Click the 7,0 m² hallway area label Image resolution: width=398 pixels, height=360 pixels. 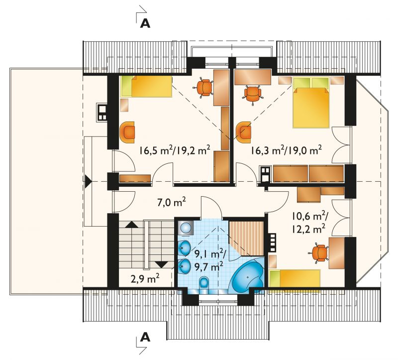pyautogui.click(x=172, y=203)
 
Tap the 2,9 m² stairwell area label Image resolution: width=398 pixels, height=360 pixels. pyautogui.click(x=145, y=279)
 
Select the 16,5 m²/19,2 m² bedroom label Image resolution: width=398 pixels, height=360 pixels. pyautogui.click(x=175, y=150)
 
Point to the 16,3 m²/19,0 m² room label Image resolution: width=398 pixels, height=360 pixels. pyautogui.click(x=287, y=150)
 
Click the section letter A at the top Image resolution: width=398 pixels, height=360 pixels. pyautogui.click(x=145, y=23)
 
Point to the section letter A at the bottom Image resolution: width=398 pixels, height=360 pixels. pyautogui.click(x=145, y=338)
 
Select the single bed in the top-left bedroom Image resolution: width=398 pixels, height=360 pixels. pyautogui.click(x=146, y=86)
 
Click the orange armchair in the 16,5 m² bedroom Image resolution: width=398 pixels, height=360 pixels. pyautogui.click(x=127, y=131)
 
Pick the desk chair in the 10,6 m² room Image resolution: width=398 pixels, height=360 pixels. pyautogui.click(x=319, y=253)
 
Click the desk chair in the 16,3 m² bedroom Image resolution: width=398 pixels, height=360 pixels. pyautogui.click(x=252, y=94)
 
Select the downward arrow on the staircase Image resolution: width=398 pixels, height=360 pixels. pyautogui.click(x=161, y=265)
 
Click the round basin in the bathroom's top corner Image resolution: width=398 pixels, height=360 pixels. pyautogui.click(x=186, y=228)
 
